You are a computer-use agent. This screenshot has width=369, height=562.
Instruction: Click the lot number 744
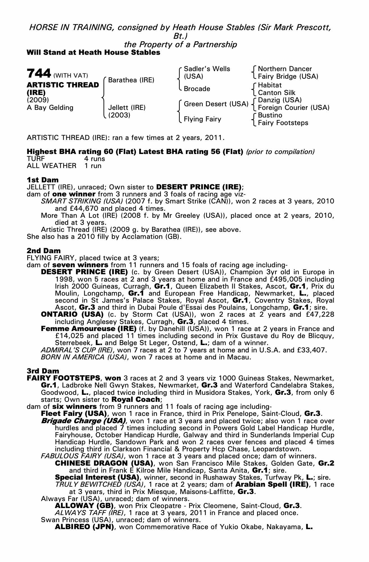pyautogui.click(x=39, y=73)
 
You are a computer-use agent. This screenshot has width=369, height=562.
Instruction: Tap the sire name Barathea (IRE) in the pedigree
pyautogui.click(x=131, y=80)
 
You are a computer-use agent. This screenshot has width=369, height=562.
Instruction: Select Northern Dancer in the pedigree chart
pyautogui.click(x=284, y=69)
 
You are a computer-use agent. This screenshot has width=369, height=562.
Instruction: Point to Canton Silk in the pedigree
pyautogui.click(x=276, y=93)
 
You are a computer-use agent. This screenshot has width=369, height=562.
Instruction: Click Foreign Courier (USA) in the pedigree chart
pyautogui.click(x=293, y=108)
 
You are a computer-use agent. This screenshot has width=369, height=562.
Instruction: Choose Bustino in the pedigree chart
pyautogui.click(x=270, y=115)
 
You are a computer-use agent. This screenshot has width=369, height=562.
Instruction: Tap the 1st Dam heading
pyautogui.click(x=43, y=180)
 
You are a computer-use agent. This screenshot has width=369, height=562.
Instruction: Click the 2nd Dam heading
pyautogui.click(x=44, y=250)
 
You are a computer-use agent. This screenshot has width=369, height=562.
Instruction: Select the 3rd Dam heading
pyautogui.click(x=43, y=371)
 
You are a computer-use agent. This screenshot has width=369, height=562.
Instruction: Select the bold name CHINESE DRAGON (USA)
pyautogui.click(x=104, y=463)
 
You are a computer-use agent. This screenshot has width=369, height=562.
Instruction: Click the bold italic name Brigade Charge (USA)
pyautogui.click(x=83, y=421)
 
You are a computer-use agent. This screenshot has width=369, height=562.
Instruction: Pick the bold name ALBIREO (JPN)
pyautogui.click(x=84, y=527)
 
